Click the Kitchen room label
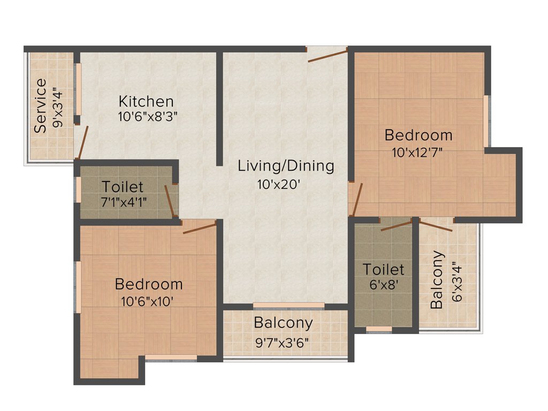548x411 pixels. pyautogui.click(x=146, y=101)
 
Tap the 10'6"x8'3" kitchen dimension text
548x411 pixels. pyautogui.click(x=148, y=117)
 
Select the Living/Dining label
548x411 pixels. pyautogui.click(x=286, y=166)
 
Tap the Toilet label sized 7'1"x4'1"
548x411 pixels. pyautogui.click(x=123, y=187)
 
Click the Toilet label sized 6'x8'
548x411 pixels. pyautogui.click(x=383, y=269)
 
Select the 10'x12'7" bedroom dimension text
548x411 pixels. pyautogui.click(x=417, y=152)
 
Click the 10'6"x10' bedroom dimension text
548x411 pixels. pyautogui.click(x=148, y=301)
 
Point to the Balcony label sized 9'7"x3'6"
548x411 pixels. pyautogui.click(x=283, y=323)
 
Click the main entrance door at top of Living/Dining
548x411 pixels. pyautogui.click(x=327, y=54)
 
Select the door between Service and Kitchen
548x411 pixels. pyautogui.click(x=82, y=142)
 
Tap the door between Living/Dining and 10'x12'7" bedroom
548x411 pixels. pyautogui.click(x=356, y=199)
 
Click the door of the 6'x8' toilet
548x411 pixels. pyautogui.click(x=396, y=225)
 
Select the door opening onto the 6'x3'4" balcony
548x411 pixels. pyautogui.click(x=435, y=225)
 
